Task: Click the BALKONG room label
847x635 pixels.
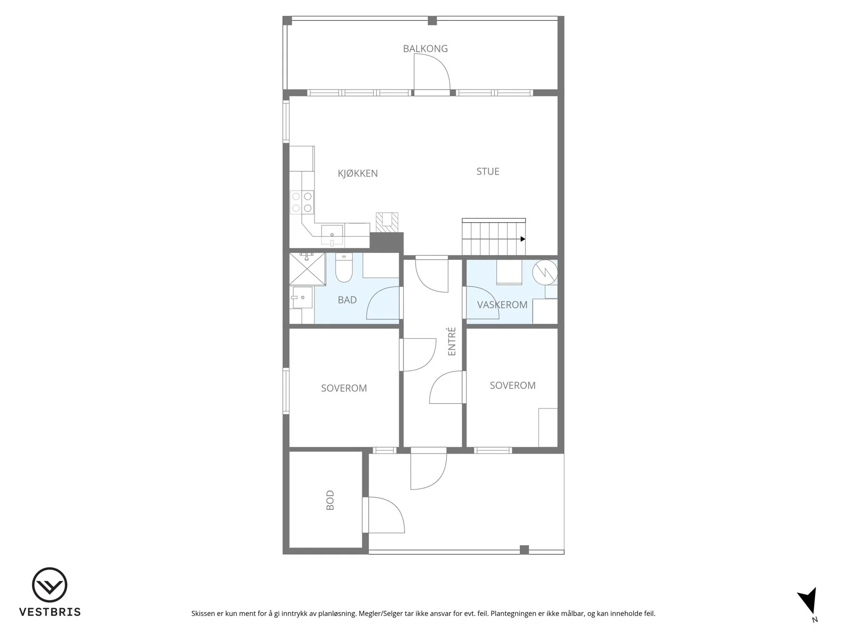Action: (425, 49)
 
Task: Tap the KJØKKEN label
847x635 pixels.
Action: (358, 174)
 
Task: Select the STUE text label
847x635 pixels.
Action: (488, 171)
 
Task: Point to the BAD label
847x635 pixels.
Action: (347, 300)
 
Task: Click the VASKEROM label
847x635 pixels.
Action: (502, 305)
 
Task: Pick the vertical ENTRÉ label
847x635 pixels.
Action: (452, 341)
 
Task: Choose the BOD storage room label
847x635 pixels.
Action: (330, 500)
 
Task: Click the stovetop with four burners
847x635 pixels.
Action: (302, 202)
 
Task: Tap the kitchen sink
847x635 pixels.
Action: (332, 235)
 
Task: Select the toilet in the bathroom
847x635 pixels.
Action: (344, 267)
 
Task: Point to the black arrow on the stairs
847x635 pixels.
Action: (522, 239)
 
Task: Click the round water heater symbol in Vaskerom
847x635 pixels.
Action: (545, 272)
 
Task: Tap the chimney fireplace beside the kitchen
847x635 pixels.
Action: (387, 222)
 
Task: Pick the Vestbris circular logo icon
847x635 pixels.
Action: (49, 585)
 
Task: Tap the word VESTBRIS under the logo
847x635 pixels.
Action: (50, 612)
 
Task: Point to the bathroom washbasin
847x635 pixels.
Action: (302, 297)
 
